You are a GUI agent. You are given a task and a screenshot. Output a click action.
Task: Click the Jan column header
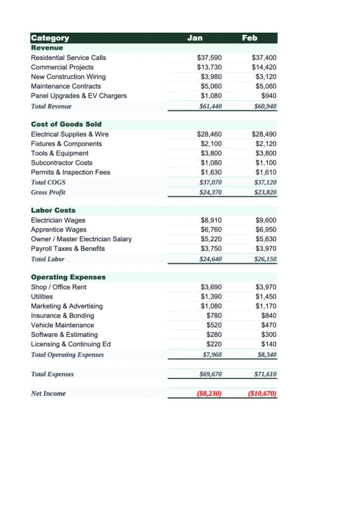pos(195,38)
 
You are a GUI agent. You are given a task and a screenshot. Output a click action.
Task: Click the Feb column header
pos(250,38)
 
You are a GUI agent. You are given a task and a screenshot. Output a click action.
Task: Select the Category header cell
pos(50,38)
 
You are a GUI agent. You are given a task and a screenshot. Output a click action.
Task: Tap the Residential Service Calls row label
pos(68,57)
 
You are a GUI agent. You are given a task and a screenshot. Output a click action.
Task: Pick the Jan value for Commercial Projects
pos(209,67)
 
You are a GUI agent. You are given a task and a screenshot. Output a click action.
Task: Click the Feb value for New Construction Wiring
pos(266,76)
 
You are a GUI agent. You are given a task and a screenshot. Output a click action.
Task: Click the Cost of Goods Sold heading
pos(66,124)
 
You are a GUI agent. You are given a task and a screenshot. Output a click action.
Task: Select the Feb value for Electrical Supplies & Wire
pos(264,134)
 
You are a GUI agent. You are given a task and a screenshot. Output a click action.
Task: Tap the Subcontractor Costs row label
pos(61,163)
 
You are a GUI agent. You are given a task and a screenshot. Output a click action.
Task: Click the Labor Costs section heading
pos(53,210)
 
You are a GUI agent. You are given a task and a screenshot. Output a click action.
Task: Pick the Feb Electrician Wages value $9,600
pos(266,220)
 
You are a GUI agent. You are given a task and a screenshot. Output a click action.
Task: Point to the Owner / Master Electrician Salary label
pos(81,239)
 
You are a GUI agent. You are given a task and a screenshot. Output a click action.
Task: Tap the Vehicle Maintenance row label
pos(62,325)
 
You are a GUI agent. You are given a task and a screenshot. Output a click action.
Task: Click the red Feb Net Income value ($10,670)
pos(262,394)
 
